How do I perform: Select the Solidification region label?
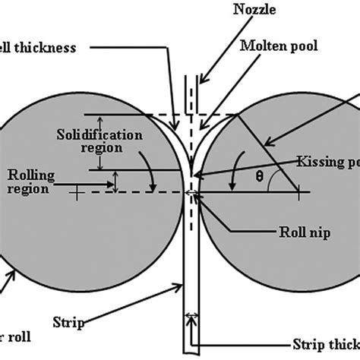(88, 141)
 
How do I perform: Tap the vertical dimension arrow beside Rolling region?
(115, 181)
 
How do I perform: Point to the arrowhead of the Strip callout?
(182, 283)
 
